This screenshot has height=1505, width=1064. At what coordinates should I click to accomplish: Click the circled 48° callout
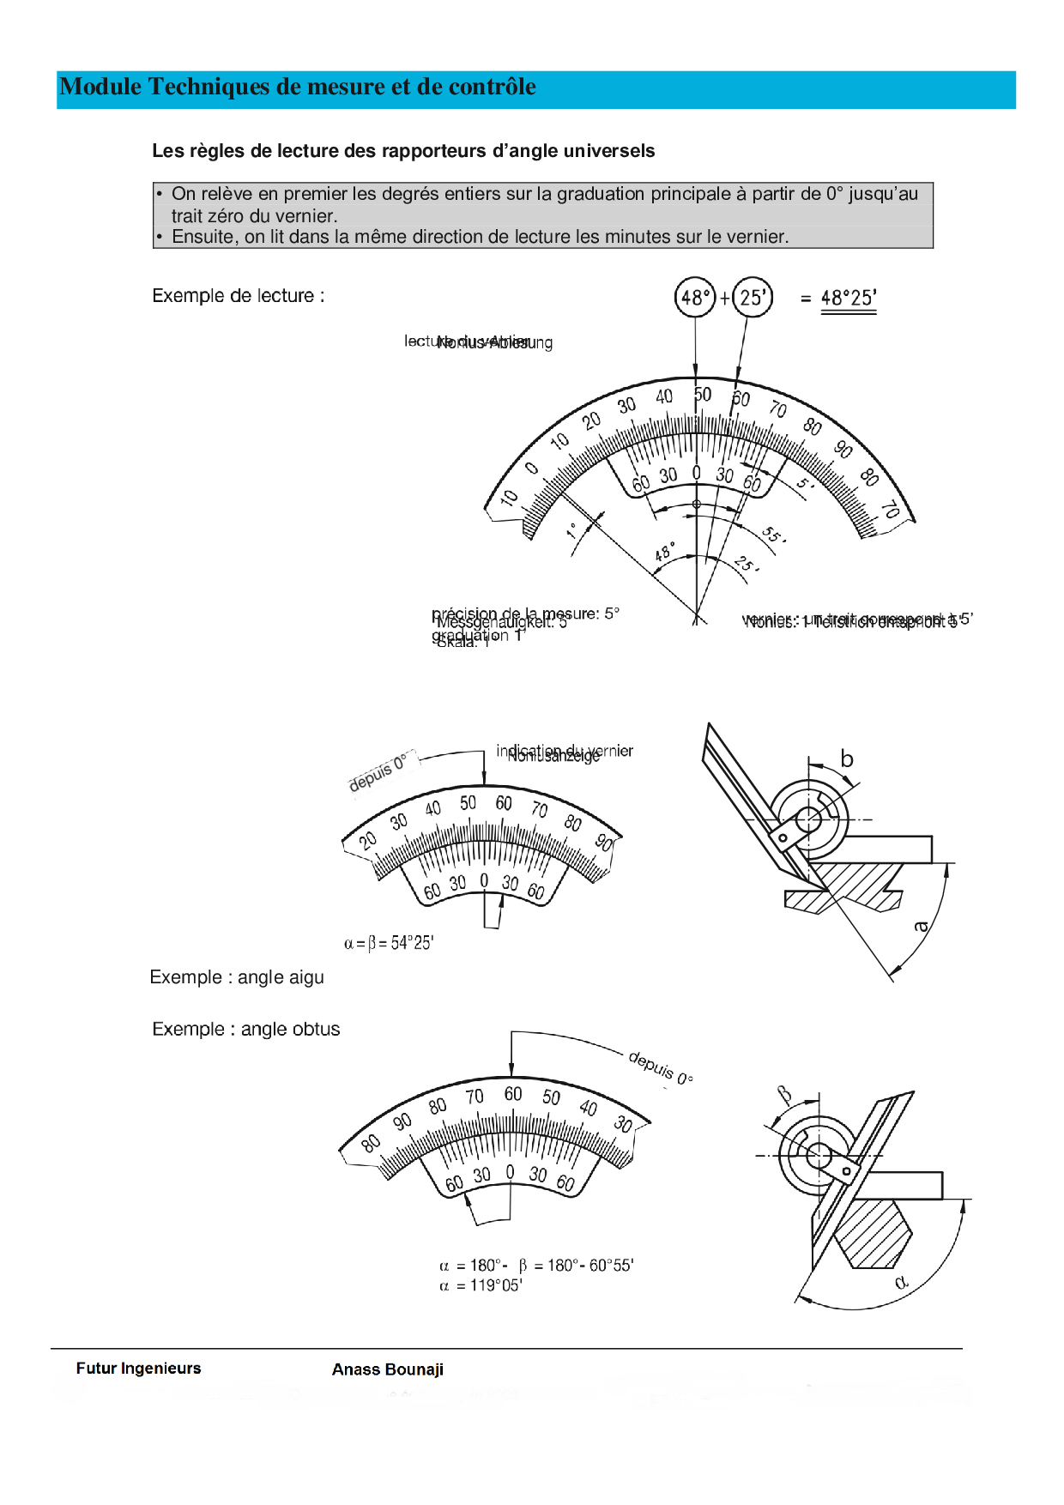[x=694, y=298]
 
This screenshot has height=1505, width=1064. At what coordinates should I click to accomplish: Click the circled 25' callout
[x=753, y=298]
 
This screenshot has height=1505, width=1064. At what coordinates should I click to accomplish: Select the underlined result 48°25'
[x=849, y=299]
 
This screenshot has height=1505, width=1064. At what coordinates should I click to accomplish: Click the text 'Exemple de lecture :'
[x=238, y=296]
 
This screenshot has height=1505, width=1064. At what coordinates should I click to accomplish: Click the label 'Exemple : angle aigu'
[x=237, y=977]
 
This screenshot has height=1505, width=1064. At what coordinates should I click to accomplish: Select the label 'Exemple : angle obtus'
[x=245, y=1030]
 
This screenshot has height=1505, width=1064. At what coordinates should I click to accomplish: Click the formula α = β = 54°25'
[x=389, y=943]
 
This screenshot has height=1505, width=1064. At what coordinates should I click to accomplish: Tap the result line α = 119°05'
[x=481, y=1285]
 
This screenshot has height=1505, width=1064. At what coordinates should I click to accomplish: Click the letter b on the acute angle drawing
[x=847, y=759]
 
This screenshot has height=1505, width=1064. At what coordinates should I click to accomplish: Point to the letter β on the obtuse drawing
[x=784, y=1095]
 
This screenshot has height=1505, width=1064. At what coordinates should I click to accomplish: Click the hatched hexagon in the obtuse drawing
[x=873, y=1233]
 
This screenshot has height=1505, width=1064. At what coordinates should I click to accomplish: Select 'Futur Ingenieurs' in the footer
[x=138, y=1369]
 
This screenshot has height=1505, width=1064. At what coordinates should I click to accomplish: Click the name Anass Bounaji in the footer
[x=388, y=1369]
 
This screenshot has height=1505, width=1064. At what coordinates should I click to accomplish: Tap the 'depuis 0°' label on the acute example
[x=378, y=772]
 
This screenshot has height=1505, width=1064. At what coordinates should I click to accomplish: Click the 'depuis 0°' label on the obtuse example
[x=660, y=1068]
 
